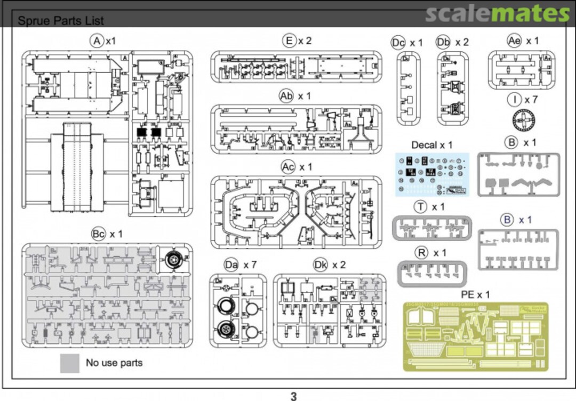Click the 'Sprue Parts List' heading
click(x=61, y=21)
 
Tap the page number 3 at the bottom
click(x=293, y=395)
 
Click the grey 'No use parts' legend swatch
click(x=70, y=363)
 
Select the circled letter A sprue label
click(x=97, y=41)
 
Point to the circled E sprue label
click(x=289, y=41)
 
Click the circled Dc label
click(x=398, y=43)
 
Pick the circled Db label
click(x=443, y=42)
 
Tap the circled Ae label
click(x=514, y=41)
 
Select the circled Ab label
click(x=286, y=95)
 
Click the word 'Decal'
click(x=424, y=145)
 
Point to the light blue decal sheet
click(x=432, y=174)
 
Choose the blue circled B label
click(x=507, y=220)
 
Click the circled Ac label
click(x=288, y=167)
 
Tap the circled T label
click(x=421, y=207)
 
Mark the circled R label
click(x=421, y=253)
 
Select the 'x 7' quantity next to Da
click(x=250, y=265)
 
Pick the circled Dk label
click(x=320, y=265)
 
